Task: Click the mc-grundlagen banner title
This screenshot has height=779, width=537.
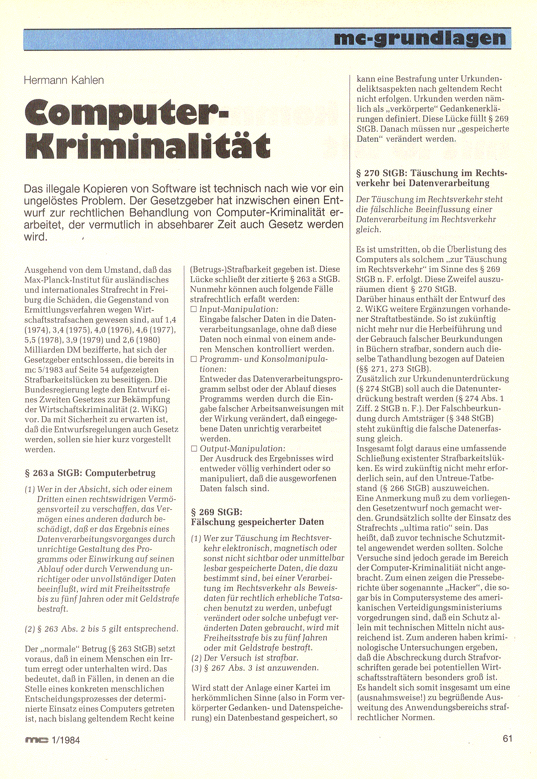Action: [x=420, y=39]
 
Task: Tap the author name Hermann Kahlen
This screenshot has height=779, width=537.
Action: [x=64, y=80]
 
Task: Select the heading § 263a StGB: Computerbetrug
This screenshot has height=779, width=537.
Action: [x=90, y=473]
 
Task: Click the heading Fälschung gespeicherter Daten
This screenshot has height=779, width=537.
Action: [x=257, y=522]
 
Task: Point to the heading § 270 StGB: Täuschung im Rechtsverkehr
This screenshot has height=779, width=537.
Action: [x=431, y=178]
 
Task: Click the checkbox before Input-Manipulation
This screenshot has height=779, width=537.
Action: [x=194, y=309]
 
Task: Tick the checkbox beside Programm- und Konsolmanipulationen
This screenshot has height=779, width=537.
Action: [x=194, y=359]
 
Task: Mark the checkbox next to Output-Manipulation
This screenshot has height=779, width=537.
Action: [x=194, y=449]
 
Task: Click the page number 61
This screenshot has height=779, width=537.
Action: [x=508, y=738]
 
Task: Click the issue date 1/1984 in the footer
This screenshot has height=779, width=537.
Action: [x=66, y=740]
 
